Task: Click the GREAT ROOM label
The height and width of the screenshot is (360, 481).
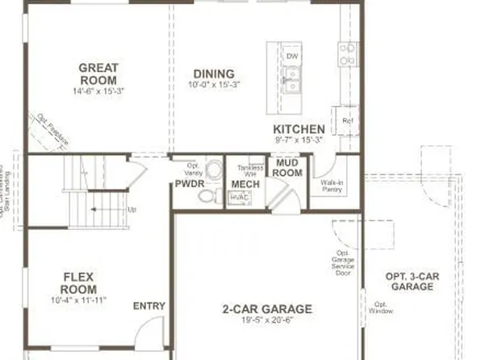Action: tap(98, 74)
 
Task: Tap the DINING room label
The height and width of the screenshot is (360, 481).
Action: tap(214, 73)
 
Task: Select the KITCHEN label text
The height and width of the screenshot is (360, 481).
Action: tap(299, 129)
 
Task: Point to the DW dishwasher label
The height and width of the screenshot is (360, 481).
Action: tap(292, 56)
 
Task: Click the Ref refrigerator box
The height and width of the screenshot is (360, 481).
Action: tap(348, 121)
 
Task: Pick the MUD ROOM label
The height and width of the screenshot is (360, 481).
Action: tap(288, 168)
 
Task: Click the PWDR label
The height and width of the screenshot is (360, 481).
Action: tap(190, 184)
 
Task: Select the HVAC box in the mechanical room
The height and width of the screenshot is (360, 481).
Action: tap(240, 196)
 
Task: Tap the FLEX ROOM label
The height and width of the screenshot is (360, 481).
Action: tap(79, 283)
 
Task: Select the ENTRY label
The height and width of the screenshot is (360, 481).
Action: tap(148, 306)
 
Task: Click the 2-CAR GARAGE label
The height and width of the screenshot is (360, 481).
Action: tap(266, 308)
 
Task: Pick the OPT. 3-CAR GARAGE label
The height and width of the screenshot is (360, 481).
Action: tap(414, 282)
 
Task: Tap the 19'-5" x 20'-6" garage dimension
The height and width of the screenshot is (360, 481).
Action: tap(266, 320)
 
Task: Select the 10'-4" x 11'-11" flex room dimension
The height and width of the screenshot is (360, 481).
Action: tap(79, 300)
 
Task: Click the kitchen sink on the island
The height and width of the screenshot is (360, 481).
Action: tap(291, 78)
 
